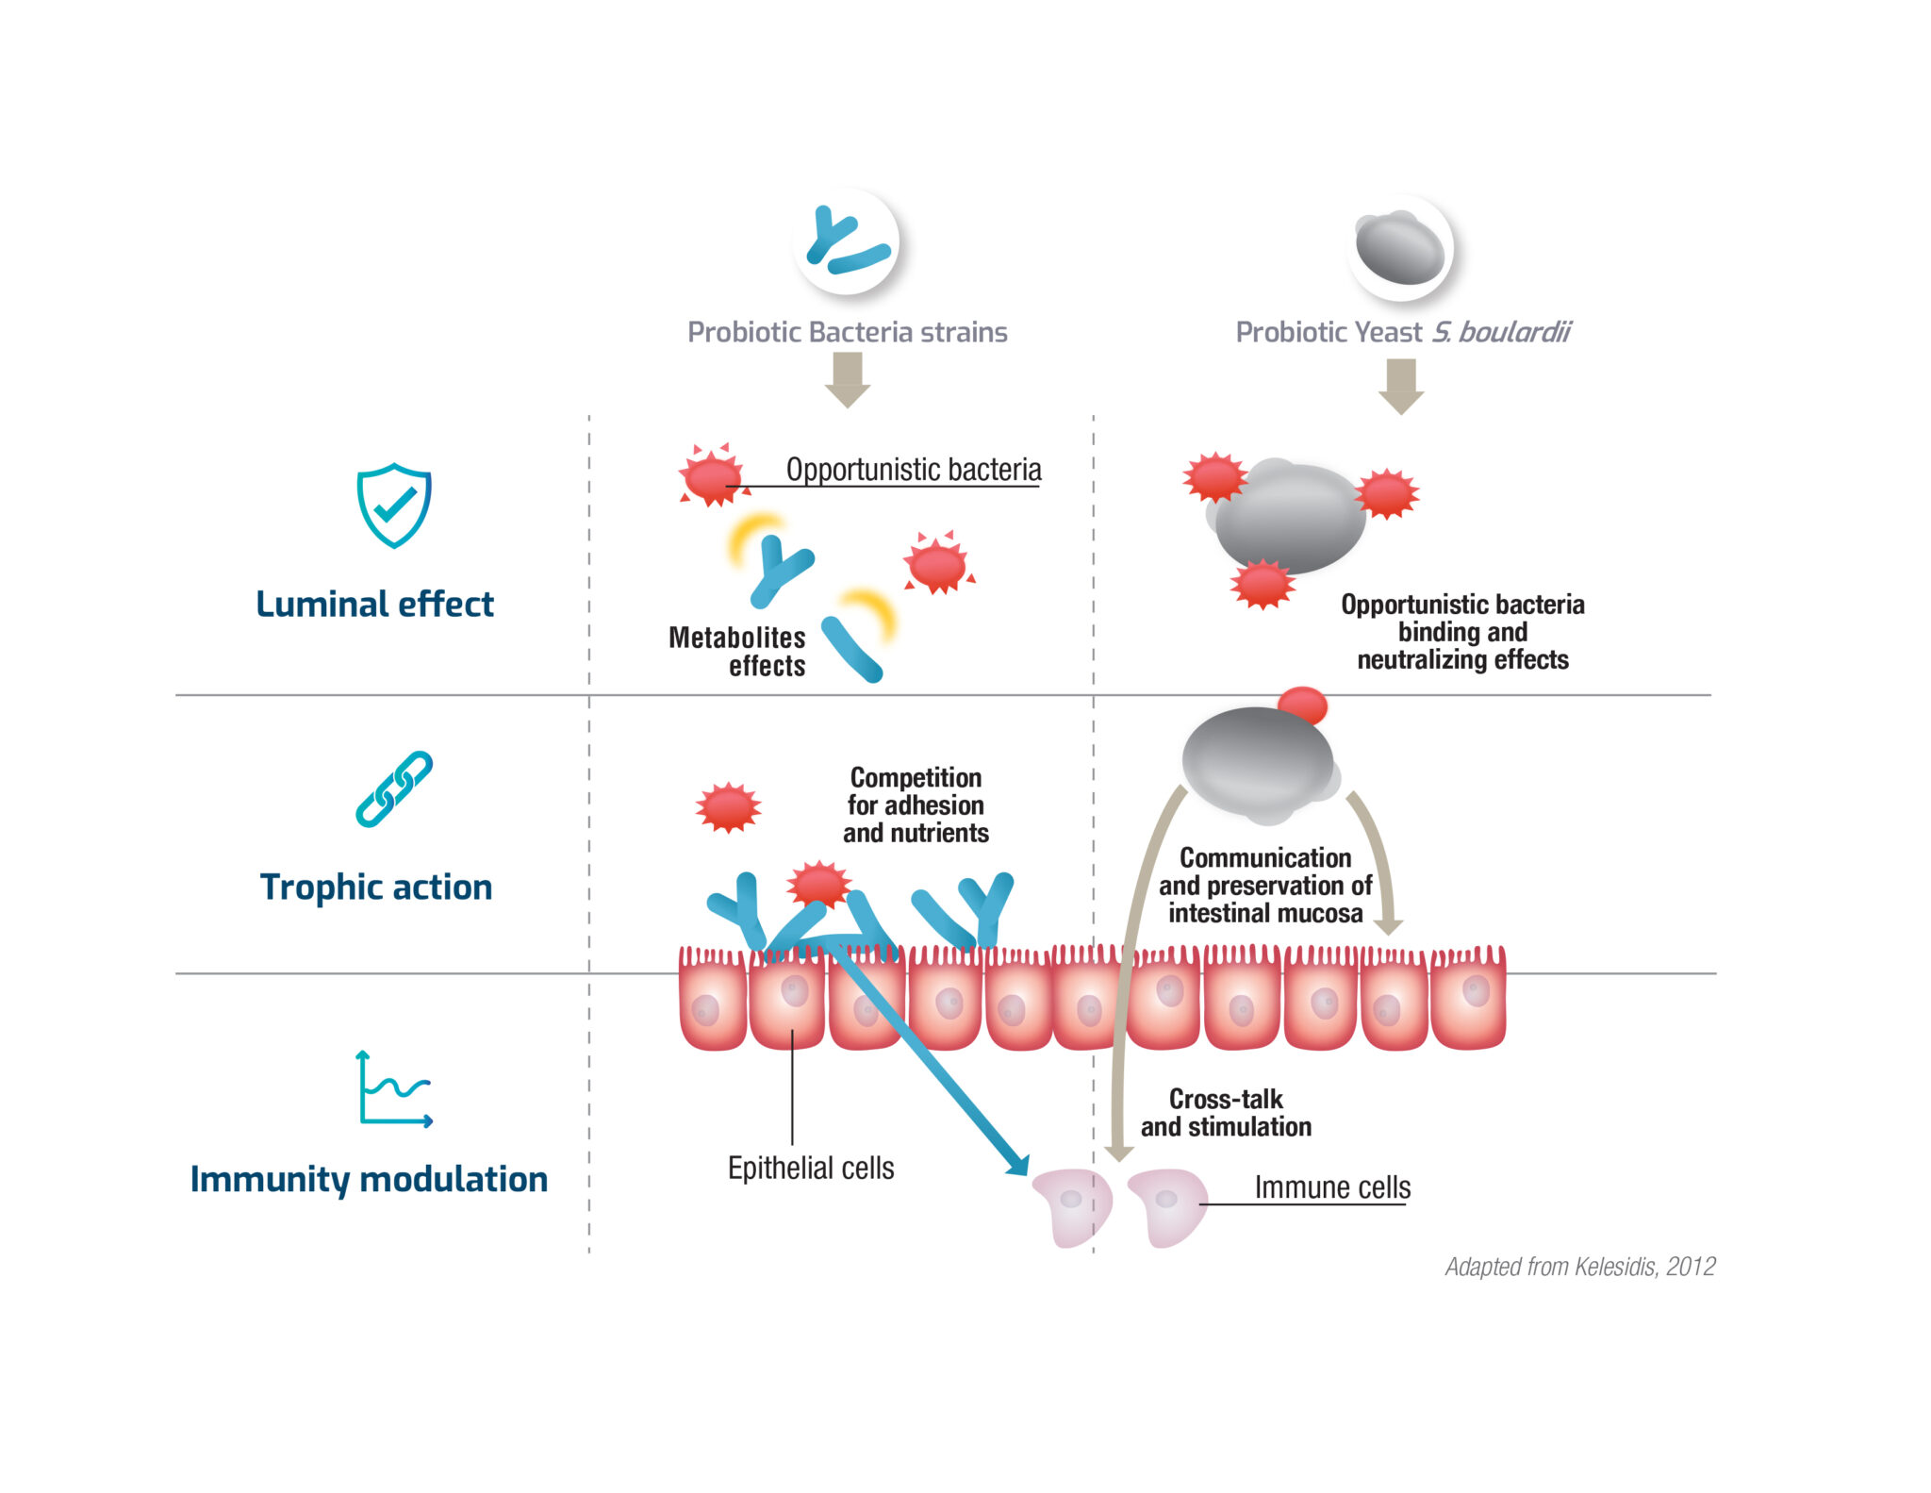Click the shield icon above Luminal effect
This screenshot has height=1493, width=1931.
pyautogui.click(x=394, y=506)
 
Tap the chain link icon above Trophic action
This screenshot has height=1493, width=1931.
pyautogui.click(x=394, y=789)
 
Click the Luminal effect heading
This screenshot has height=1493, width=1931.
pyautogui.click(x=374, y=605)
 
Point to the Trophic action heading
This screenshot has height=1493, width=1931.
pyautogui.click(x=375, y=888)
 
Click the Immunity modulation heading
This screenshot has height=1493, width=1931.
pyautogui.click(x=369, y=1180)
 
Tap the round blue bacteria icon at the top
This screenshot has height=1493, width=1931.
pyautogui.click(x=846, y=242)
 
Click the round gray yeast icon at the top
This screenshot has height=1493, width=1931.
pyautogui.click(x=1400, y=248)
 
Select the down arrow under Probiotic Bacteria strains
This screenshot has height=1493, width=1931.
pyautogui.click(x=847, y=379)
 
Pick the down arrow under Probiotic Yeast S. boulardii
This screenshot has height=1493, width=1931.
pyautogui.click(x=1401, y=386)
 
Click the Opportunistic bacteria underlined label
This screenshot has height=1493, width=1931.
pyautogui.click(x=913, y=470)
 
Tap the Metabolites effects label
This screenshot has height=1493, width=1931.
pyautogui.click(x=738, y=652)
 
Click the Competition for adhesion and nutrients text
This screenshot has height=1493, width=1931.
pyautogui.click(x=916, y=805)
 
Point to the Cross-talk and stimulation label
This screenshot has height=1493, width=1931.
pyautogui.click(x=1226, y=1113)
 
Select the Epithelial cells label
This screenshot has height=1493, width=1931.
pyautogui.click(x=811, y=1169)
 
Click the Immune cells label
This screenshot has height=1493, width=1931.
pyautogui.click(x=1331, y=1187)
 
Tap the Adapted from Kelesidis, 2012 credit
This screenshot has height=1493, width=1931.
pyautogui.click(x=1579, y=1267)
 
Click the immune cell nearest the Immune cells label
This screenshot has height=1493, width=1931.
pyautogui.click(x=1168, y=1207)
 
